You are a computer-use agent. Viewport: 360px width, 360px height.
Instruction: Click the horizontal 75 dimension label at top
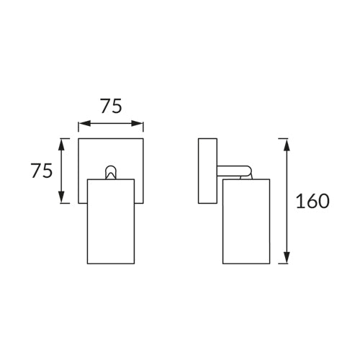[111, 106]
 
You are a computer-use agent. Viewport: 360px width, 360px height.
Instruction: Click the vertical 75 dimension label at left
[42, 171]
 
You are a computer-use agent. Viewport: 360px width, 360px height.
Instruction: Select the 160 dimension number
[312, 201]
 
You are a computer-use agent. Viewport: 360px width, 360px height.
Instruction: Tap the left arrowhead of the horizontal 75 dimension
[85, 124]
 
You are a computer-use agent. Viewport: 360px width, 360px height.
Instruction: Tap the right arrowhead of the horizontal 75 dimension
[137, 124]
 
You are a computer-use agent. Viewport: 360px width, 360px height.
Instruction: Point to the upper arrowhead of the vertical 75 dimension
[62, 145]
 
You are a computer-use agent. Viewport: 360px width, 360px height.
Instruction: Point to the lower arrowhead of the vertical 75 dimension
[62, 197]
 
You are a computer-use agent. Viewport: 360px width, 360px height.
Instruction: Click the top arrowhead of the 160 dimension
[287, 145]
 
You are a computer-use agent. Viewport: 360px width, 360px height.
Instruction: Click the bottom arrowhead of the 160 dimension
[287, 258]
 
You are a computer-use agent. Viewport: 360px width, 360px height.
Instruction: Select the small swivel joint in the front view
[111, 172]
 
